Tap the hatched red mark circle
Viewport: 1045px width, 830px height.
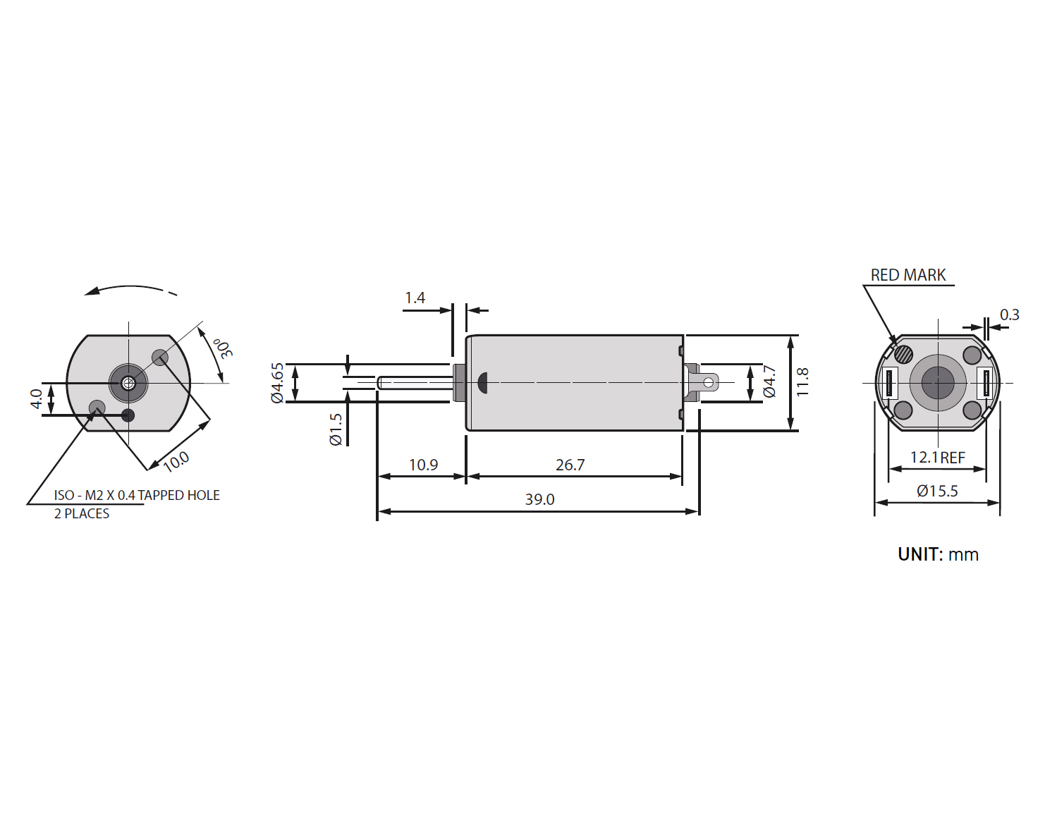[x=904, y=353]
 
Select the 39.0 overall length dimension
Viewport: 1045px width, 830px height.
[x=539, y=499]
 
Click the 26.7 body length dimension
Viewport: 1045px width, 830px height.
[x=570, y=465]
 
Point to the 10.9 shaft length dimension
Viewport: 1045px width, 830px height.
[x=424, y=465]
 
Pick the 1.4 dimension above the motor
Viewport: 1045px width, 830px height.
[x=415, y=298]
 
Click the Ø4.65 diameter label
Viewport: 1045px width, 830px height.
[x=277, y=383]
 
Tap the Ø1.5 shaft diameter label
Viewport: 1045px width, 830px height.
[x=336, y=429]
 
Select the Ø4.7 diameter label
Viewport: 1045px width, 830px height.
[x=770, y=382]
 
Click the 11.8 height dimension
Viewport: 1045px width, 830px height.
[x=802, y=382]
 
